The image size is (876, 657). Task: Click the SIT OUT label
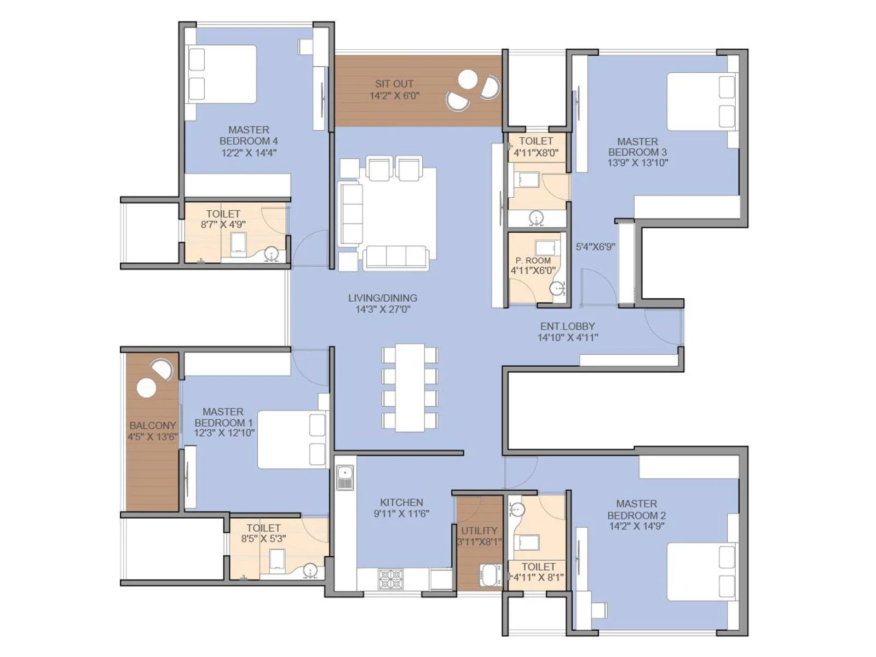tap(394, 84)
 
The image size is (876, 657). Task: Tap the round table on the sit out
tap(468, 80)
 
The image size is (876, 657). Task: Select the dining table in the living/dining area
tap(410, 387)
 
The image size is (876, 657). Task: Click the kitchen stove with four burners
tap(391, 579)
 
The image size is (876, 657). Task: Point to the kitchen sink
tap(345, 477)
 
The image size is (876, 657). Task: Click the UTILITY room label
tap(479, 531)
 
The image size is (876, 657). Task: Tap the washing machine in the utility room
tap(490, 575)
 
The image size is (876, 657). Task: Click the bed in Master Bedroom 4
tap(222, 74)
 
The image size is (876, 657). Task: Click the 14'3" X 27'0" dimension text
tap(383, 309)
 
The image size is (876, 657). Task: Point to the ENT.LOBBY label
tap(567, 326)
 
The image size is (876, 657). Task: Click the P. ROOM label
tap(533, 261)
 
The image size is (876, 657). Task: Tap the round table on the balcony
tap(146, 388)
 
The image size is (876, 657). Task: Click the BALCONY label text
tap(153, 425)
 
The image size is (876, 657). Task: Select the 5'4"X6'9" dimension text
tap(595, 247)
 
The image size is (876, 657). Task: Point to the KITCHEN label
tap(401, 502)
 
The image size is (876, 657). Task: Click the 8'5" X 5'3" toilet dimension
tap(263, 539)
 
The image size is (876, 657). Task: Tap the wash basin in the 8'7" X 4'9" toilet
tap(272, 253)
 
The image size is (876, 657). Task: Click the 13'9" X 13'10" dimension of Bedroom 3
tap(638, 163)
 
